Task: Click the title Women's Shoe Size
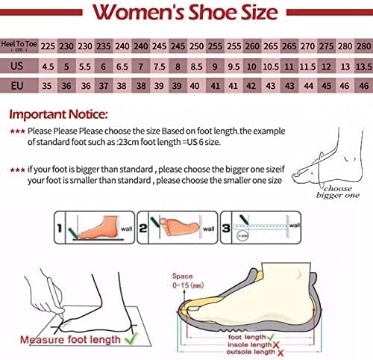[186, 13]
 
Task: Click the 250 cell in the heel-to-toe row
[195, 45]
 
